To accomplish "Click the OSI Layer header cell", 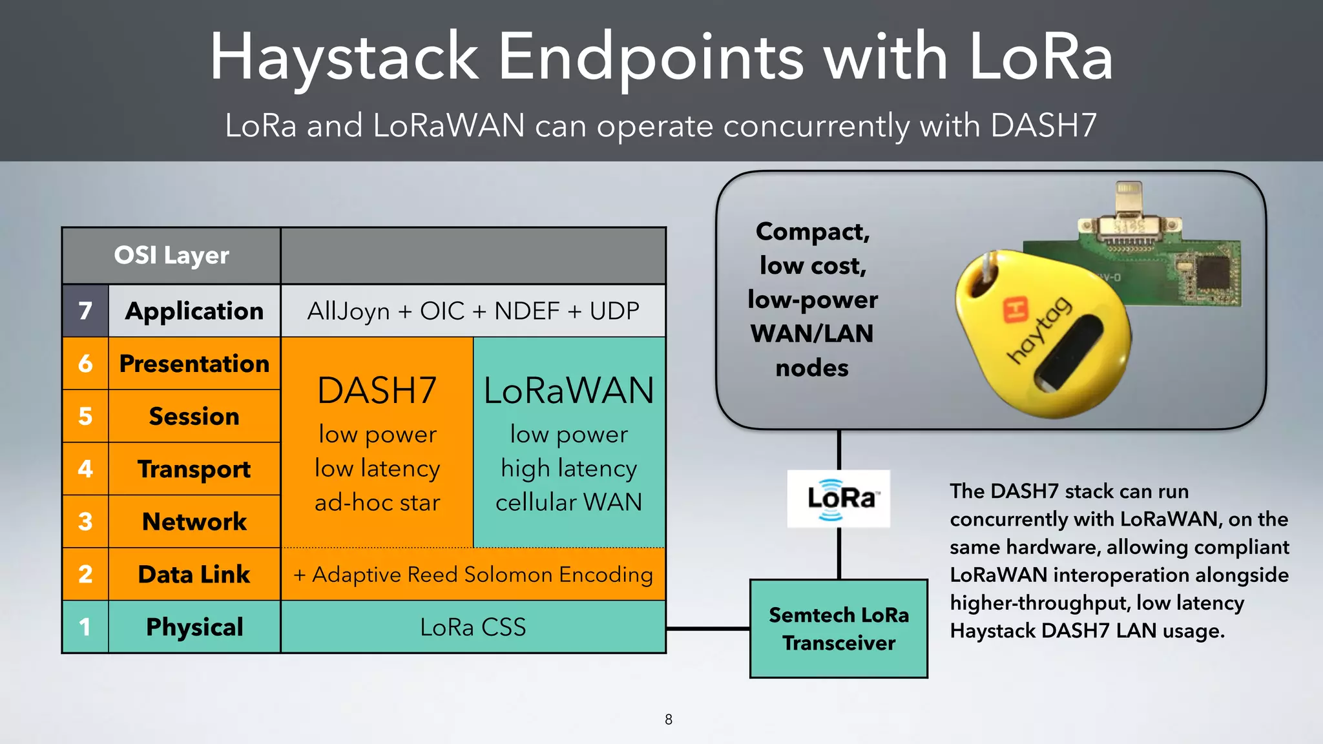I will coord(171,255).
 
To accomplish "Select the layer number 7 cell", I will coord(85,311).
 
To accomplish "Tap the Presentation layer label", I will coord(194,364).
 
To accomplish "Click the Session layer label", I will coord(194,417).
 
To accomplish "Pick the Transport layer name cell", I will coord(194,469).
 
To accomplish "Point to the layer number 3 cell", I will coord(85,522).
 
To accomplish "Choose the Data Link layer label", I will coord(194,574).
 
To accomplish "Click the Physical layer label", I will coord(194,627).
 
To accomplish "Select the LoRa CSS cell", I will coord(473,627).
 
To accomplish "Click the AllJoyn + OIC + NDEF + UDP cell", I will coord(473,311).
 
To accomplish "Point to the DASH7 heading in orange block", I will coord(377,391).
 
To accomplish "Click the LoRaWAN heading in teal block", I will coord(569,391).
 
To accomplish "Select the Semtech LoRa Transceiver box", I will coord(839,628).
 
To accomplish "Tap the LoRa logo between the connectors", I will coord(839,499).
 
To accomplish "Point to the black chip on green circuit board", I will coord(1209,271).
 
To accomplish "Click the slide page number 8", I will coord(669,719).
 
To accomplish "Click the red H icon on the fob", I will coord(1015,309).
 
